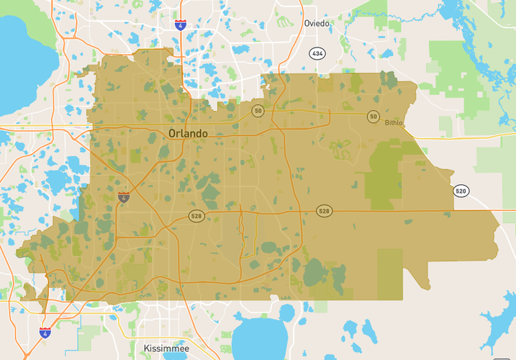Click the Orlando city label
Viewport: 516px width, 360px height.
coord(188,133)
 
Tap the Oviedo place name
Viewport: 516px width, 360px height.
coord(317,23)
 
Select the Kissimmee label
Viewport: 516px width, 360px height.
coord(166,348)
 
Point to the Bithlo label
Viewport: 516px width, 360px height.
coord(394,123)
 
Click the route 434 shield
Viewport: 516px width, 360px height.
coord(317,53)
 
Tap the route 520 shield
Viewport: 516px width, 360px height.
coord(461,191)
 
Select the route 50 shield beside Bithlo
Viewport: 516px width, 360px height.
coord(373,116)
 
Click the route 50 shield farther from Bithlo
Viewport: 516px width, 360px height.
coord(258,110)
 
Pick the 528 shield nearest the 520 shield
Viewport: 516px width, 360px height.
coord(324,211)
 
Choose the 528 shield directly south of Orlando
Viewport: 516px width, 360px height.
coord(196,216)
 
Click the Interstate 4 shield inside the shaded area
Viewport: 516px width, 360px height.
coord(124,197)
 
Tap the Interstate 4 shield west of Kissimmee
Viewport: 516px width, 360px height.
coord(45,332)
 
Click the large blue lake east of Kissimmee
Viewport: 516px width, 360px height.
coord(259,339)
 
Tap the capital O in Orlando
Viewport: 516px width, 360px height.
coord(173,133)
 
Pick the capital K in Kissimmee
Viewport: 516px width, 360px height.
coord(147,348)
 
